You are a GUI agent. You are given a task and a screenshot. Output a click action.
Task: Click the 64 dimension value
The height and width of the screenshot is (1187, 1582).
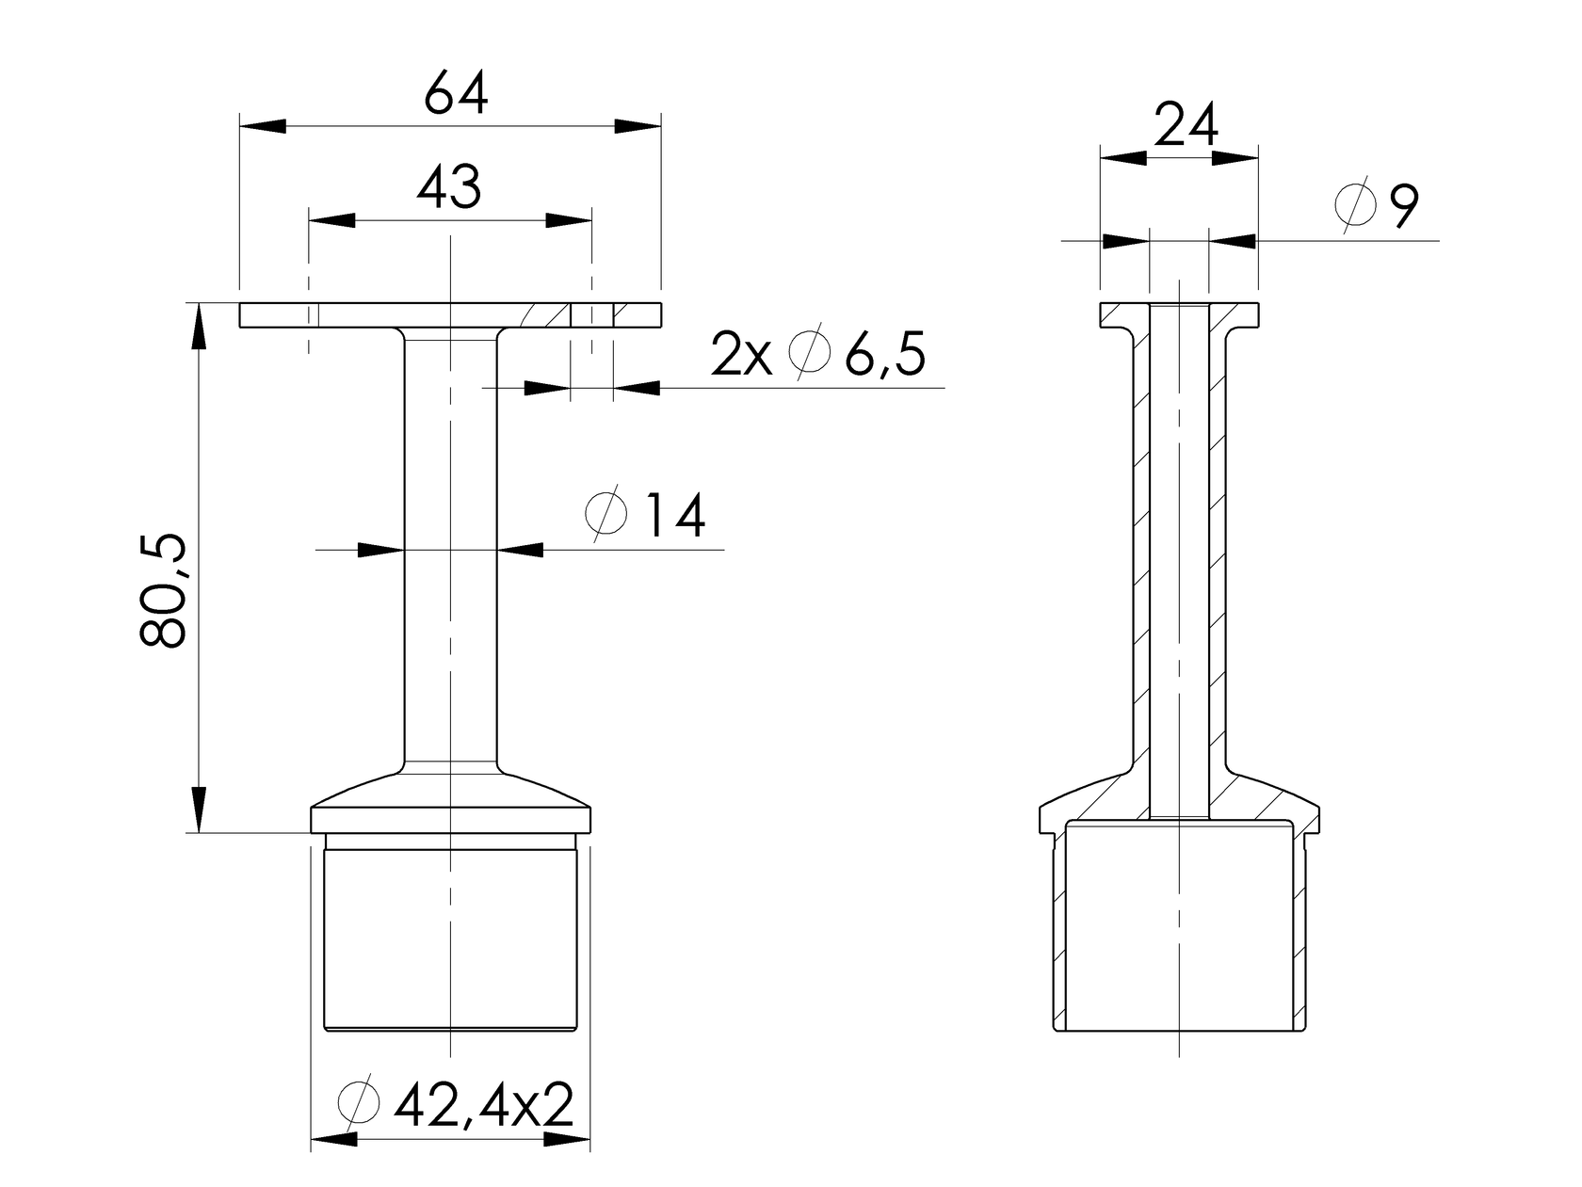click(456, 94)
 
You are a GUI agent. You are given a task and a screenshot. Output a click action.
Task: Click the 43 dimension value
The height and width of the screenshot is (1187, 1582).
click(449, 186)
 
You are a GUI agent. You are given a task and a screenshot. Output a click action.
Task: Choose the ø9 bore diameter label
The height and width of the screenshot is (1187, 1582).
click(1379, 207)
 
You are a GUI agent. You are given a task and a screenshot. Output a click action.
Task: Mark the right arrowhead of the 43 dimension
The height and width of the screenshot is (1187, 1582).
click(569, 220)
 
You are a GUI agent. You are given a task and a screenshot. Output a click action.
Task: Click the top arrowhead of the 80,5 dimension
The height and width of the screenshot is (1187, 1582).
click(200, 326)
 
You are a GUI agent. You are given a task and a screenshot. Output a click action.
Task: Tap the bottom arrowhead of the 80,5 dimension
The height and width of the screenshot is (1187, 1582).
click(200, 810)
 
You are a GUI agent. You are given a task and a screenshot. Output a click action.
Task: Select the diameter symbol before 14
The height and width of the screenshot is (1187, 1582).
click(605, 515)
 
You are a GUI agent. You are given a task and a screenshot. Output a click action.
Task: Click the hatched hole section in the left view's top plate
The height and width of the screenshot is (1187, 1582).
click(591, 313)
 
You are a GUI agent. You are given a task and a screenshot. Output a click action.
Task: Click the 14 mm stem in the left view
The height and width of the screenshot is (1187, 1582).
click(451, 546)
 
